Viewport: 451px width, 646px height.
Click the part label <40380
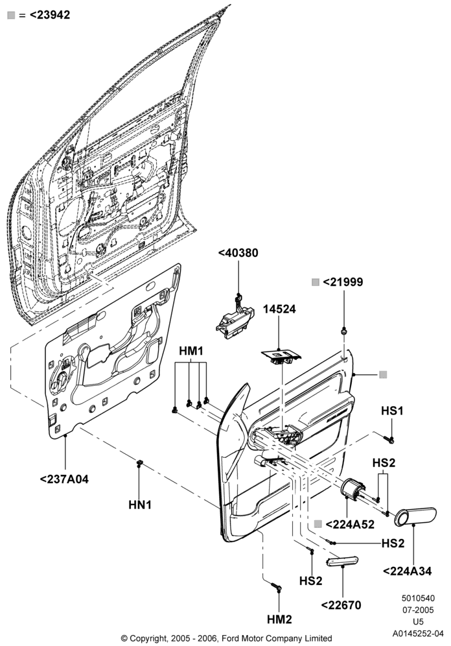point(238,252)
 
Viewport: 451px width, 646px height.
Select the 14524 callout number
point(279,309)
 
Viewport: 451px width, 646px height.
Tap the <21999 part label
point(343,282)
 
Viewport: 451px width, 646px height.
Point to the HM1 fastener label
point(191,351)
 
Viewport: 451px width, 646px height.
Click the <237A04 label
point(64,479)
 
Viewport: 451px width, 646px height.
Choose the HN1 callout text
point(140,505)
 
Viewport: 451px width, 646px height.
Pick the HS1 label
point(392,411)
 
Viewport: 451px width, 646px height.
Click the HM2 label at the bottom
point(279,619)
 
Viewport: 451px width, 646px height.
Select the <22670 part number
point(341,605)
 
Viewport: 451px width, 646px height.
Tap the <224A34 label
point(408,571)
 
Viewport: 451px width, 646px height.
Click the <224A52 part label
point(350,524)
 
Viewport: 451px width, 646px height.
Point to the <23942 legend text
point(50,15)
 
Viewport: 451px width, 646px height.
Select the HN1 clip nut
point(139,462)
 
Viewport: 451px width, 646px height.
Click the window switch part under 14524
point(281,356)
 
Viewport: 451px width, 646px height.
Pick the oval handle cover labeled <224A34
point(415,517)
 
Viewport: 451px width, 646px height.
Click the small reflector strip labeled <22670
point(342,561)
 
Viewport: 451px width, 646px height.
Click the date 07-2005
point(418,610)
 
